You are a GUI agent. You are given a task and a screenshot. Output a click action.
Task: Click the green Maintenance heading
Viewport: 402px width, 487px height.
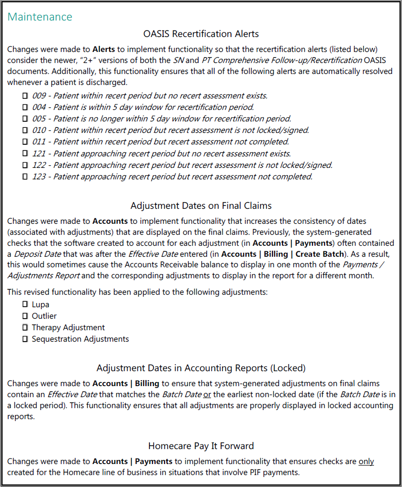pyautogui.click(x=40, y=17)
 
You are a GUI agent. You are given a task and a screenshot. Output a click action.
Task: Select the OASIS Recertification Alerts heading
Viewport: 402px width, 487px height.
pyautogui.click(x=201, y=34)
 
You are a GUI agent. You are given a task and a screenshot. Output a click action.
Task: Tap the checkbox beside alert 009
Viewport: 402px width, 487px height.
pyautogui.click(x=25, y=95)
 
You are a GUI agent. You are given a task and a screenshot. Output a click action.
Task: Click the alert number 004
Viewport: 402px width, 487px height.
pyautogui.click(x=39, y=107)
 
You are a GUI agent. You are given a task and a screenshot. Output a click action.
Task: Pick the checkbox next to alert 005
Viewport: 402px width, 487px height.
pyautogui.click(x=25, y=119)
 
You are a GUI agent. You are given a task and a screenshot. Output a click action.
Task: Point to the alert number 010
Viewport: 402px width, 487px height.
pyautogui.click(x=39, y=130)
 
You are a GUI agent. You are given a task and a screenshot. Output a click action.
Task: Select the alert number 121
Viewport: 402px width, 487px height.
pyautogui.click(x=39, y=153)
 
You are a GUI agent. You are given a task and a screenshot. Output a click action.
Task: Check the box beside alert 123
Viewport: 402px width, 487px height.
pyautogui.click(x=25, y=177)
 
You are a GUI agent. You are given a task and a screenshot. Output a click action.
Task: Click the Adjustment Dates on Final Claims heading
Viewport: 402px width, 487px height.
pyautogui.click(x=201, y=206)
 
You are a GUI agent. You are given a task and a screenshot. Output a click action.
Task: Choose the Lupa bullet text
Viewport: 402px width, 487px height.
pyautogui.click(x=40, y=305)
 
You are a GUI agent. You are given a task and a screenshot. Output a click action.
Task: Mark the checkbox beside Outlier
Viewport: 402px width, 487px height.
pyautogui.click(x=25, y=316)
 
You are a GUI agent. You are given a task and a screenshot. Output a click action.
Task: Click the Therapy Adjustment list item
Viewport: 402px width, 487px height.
pyautogui.click(x=68, y=328)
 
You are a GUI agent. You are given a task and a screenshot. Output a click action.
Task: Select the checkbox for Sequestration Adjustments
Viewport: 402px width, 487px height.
pyautogui.click(x=25, y=339)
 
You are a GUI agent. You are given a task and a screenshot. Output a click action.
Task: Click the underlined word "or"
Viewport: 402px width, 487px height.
pyautogui.click(x=206, y=395)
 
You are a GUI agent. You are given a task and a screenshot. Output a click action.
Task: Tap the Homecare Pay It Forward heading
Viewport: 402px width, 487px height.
pyautogui.click(x=201, y=446)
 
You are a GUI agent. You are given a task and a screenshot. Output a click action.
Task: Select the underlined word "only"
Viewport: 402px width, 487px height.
pyautogui.click(x=366, y=462)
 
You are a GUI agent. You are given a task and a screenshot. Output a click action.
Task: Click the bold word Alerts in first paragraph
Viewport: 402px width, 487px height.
pyautogui.click(x=104, y=49)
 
